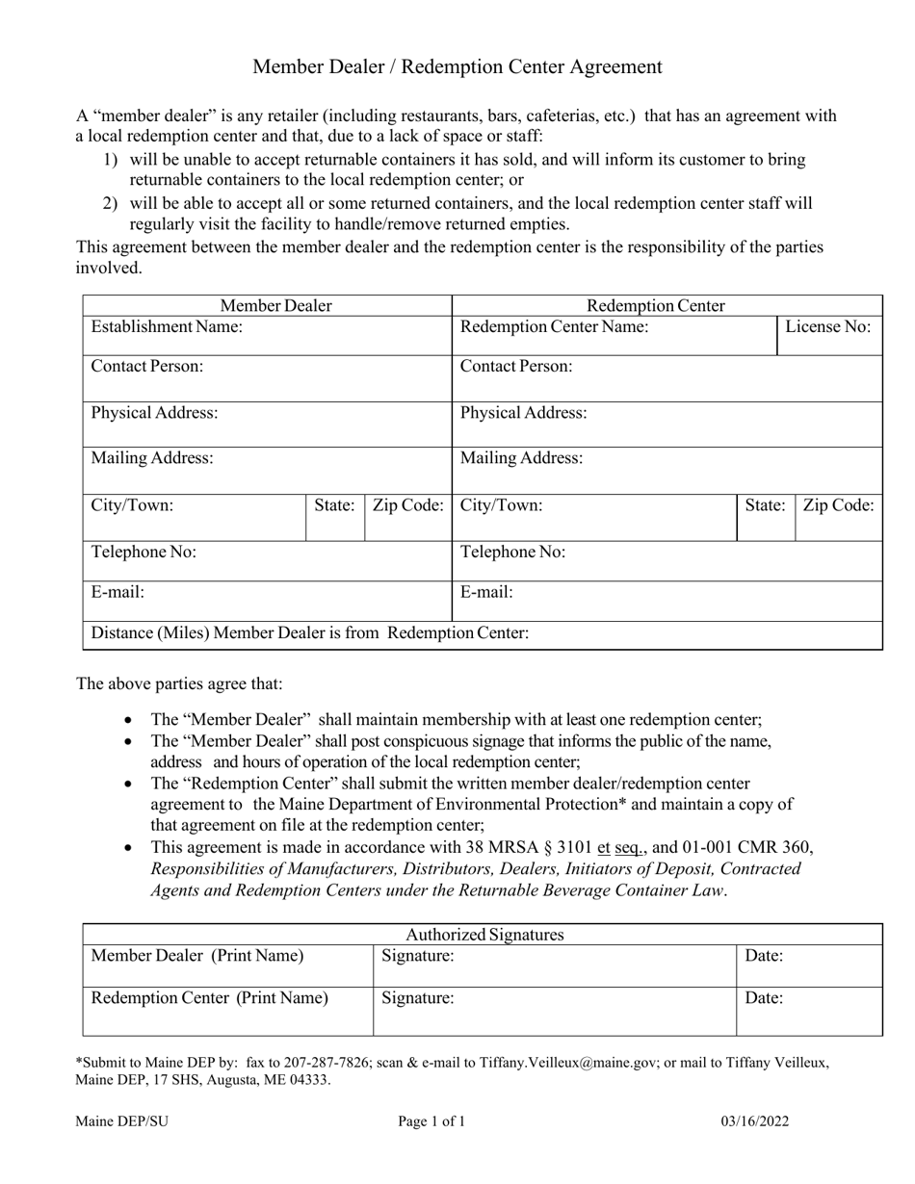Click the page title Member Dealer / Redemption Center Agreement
(x=457, y=66)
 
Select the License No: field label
(x=828, y=327)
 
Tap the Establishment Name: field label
(x=167, y=327)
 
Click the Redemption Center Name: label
(x=555, y=327)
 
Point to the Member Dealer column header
(x=275, y=306)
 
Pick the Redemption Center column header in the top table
(x=656, y=306)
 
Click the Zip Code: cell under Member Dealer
(x=408, y=505)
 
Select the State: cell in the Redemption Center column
(x=765, y=505)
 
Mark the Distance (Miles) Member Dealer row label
(x=309, y=633)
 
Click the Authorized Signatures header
(x=484, y=935)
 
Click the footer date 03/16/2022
(x=757, y=1121)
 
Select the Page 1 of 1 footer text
(x=431, y=1121)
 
